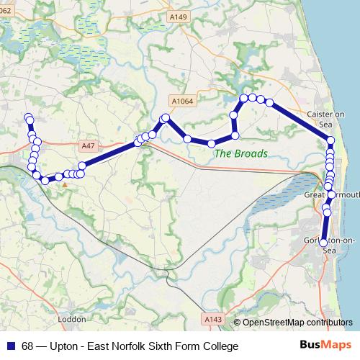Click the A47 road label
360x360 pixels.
coord(89,145)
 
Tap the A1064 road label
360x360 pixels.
coord(182,102)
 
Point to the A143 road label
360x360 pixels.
coord(213,318)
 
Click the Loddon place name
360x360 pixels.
coord(72,318)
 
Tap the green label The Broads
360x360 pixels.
coord(241,153)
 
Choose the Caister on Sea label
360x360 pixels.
coord(326,119)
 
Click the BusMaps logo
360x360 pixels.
coord(325,346)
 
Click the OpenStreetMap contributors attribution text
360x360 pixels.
coord(298,323)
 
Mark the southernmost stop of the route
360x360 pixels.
coord(323,242)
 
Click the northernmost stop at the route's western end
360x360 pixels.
coord(28,117)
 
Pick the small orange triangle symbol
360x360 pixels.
coord(65,185)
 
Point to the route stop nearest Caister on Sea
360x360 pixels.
coord(330,141)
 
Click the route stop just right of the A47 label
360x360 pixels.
coord(82,166)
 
